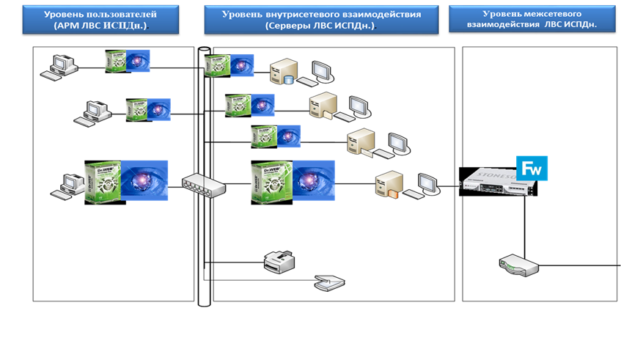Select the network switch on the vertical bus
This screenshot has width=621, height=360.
[x=204, y=186]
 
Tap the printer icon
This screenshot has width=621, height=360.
[x=279, y=260]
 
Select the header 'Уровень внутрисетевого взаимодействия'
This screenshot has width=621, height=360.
[x=320, y=14]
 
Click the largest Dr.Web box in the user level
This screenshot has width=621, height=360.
[x=103, y=182]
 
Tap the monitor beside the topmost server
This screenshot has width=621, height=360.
[x=321, y=72]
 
